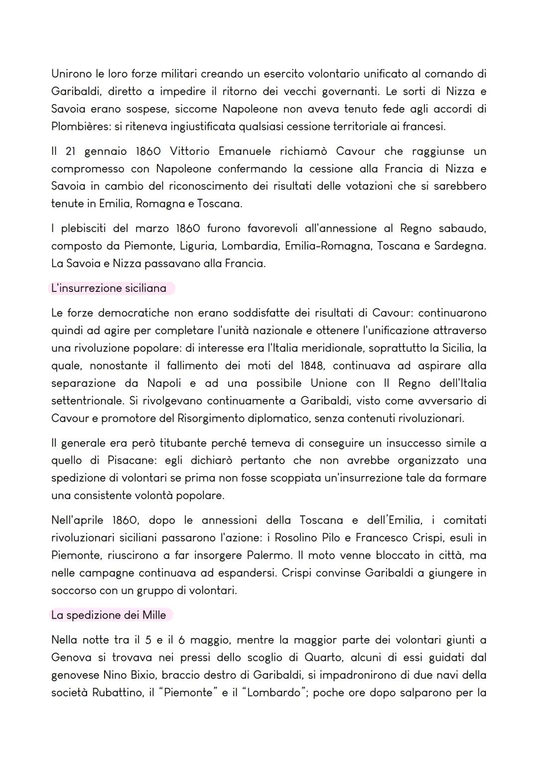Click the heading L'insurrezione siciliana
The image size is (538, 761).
coord(109,288)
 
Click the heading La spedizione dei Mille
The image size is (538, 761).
coord(109,615)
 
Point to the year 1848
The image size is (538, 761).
coord(312,366)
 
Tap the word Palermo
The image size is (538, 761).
coord(268,555)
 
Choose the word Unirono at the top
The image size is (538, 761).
coord(71,74)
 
